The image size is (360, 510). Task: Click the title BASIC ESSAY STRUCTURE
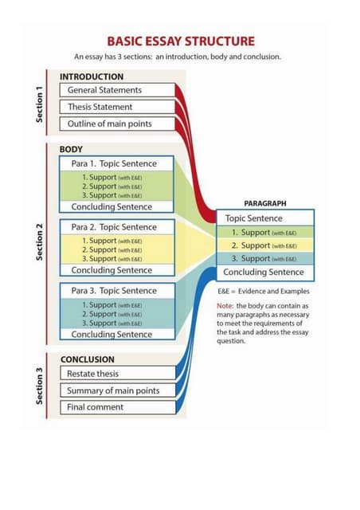click(x=182, y=41)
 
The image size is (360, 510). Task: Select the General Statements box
click(x=116, y=91)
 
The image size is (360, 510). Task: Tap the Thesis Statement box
click(x=116, y=107)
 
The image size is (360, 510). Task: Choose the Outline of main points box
click(x=116, y=124)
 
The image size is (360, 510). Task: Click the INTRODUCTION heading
click(x=92, y=76)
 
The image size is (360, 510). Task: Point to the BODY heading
click(x=72, y=149)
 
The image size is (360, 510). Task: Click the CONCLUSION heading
click(x=88, y=359)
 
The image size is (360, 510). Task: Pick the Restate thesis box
click(x=116, y=374)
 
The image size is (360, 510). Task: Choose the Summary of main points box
click(x=116, y=390)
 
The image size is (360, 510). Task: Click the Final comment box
click(x=116, y=407)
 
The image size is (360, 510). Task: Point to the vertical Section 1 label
click(x=39, y=103)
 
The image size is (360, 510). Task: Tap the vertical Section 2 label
click(x=39, y=239)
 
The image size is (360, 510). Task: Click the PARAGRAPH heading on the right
click(x=265, y=204)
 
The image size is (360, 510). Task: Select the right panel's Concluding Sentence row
click(x=265, y=273)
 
